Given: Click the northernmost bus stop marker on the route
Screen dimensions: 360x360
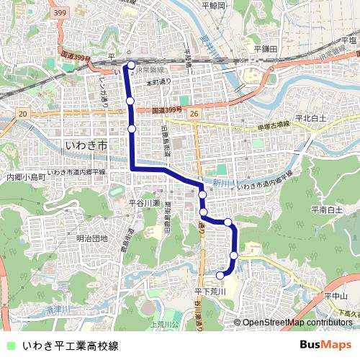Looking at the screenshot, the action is point(131,66).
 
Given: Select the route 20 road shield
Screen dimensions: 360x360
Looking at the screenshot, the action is point(23,114).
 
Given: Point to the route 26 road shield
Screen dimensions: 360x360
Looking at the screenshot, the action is point(194,114).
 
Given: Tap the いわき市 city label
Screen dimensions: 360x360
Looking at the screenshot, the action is point(86,145).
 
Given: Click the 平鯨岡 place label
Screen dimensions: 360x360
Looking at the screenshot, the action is point(214,6).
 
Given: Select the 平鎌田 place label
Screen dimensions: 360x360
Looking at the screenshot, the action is point(266,49).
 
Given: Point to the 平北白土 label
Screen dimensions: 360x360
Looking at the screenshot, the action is point(310,117).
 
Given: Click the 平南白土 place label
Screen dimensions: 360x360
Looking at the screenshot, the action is point(326,210).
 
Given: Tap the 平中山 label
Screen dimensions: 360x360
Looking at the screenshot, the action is point(336,296).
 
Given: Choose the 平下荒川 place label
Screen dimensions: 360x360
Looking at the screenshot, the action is point(210,291).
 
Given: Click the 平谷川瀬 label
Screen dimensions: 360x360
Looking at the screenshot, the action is point(143,204).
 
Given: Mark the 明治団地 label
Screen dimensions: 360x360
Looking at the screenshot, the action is point(91,238).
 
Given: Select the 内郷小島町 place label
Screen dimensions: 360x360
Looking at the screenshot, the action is point(26,176).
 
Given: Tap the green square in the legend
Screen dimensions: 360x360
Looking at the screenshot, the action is point(9,346).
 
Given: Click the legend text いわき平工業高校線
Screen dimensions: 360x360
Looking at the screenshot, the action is point(70,346).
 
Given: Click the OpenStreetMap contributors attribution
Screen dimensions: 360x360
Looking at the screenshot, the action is point(297,323).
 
